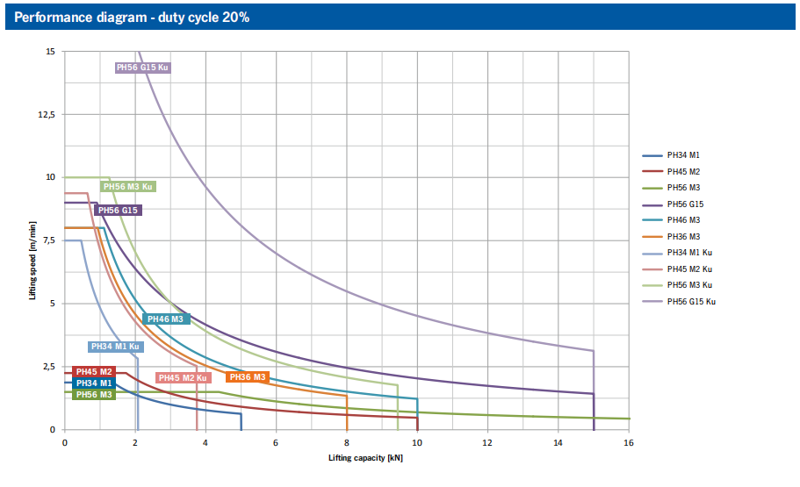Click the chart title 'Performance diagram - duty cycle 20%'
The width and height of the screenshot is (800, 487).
coord(133,17)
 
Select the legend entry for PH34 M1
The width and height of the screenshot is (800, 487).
coord(684,155)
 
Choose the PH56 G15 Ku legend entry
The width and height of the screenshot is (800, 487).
coord(691,302)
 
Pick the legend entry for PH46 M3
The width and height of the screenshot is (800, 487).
coord(684,220)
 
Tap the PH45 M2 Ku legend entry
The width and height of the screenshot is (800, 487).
coord(689,269)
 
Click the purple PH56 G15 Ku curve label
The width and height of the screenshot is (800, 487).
coord(143,68)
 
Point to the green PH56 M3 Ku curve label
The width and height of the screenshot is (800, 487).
coord(128,186)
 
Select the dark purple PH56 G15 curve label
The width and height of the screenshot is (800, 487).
coord(118,211)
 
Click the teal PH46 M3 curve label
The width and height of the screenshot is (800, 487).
coord(165,319)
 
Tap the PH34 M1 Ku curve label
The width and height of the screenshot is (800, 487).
coord(115,347)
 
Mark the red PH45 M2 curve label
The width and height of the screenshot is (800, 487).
coord(95,372)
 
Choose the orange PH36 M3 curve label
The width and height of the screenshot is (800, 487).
coord(248,377)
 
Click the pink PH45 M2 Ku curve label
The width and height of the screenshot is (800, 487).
coord(183,378)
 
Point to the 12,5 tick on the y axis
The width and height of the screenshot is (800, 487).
coord(45,115)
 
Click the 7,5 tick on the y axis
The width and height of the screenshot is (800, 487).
coord(47,241)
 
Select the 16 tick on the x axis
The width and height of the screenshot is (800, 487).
coord(629,443)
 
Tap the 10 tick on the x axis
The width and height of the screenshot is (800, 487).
coord(417,443)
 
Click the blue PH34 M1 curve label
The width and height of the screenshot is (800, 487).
coord(93,383)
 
